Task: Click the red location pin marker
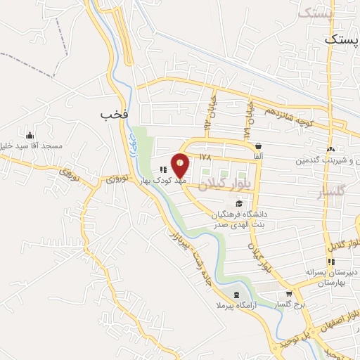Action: click(181, 165)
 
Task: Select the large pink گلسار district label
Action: click(333, 193)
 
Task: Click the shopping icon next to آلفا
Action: click(258, 146)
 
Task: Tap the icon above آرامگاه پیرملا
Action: click(236, 295)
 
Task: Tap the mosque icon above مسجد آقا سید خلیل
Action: click(30, 135)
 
